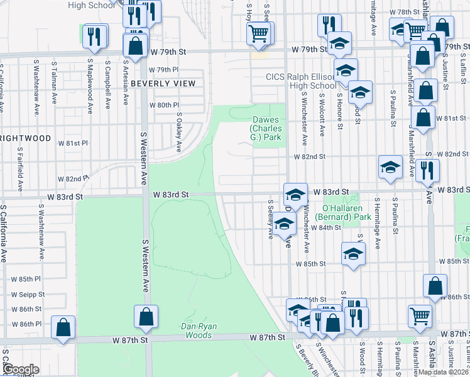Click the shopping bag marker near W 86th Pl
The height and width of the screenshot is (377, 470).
[63, 327]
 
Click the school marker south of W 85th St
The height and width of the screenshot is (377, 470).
[353, 254]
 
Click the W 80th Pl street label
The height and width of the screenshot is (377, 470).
[164, 105]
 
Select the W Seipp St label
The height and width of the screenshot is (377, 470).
[26, 294]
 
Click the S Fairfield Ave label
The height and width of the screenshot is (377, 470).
[20, 170]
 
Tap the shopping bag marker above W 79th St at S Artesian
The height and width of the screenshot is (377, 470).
[135, 45]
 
